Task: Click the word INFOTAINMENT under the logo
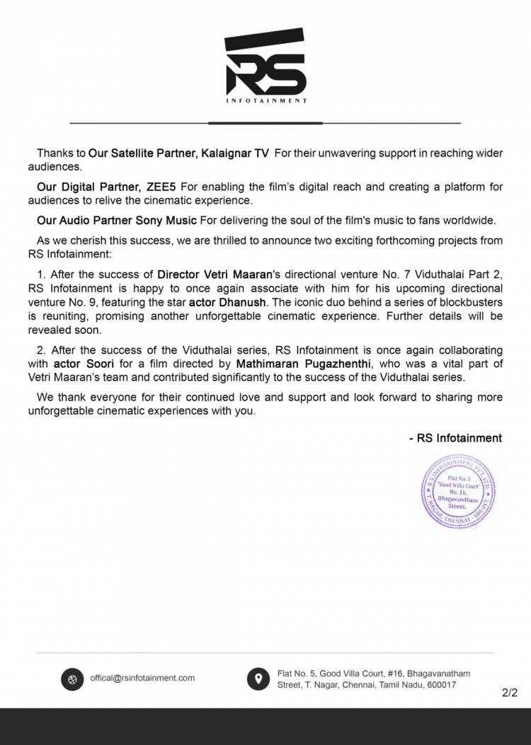265,101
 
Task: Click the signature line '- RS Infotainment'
455,438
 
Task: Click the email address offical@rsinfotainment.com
142,678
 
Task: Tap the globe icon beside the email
72,678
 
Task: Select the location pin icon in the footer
258,678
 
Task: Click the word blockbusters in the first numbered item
472,303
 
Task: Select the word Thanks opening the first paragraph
52,152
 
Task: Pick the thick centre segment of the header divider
265,123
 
